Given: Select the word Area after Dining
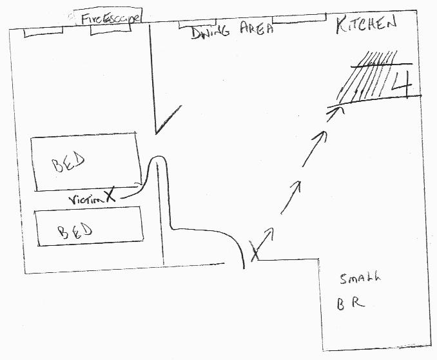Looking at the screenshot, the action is (x=257, y=28).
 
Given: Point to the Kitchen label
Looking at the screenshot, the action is (x=367, y=26).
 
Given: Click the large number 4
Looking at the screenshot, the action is (x=404, y=84).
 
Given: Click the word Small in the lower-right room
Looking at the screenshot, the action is (x=360, y=279).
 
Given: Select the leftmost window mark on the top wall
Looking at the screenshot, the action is (x=43, y=31).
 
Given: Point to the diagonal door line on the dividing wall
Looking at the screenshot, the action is (x=166, y=121).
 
